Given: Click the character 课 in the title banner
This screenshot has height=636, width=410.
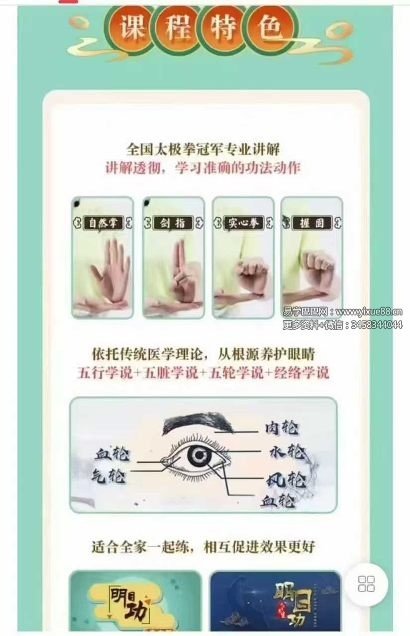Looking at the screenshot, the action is click(132, 27).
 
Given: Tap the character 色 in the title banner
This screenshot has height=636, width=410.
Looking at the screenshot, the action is click(270, 27).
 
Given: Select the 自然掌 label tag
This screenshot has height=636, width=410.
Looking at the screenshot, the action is click(102, 223).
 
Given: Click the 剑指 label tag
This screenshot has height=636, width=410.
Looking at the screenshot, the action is click(173, 223).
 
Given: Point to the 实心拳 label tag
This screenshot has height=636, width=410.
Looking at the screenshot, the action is click(243, 223).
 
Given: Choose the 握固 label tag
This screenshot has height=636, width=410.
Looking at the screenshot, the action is click(311, 223).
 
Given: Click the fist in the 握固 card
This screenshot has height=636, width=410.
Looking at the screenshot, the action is click(318, 273).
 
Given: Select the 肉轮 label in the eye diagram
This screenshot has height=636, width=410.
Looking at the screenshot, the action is click(282, 428).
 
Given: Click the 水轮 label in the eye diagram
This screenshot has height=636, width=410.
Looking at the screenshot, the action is click(287, 452).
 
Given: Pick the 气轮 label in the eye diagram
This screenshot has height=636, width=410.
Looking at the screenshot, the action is click(108, 476).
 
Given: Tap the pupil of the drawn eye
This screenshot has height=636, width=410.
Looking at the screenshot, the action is click(200, 455).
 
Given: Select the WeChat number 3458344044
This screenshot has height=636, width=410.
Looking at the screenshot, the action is click(377, 324).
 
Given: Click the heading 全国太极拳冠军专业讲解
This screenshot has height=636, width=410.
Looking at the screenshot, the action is click(203, 150).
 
